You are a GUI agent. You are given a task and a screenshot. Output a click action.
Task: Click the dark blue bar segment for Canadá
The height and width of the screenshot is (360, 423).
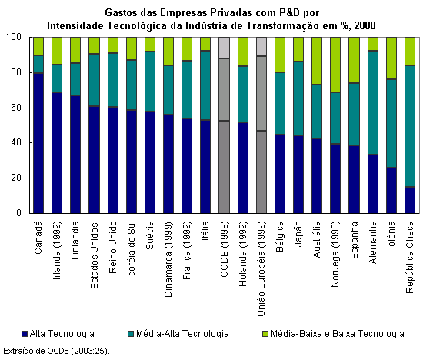coord(38,143)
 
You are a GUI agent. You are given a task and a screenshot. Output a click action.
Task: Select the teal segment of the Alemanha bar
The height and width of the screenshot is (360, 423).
coord(373,102)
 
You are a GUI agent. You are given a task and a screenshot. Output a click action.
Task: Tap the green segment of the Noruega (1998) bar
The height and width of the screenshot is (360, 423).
coord(335,65)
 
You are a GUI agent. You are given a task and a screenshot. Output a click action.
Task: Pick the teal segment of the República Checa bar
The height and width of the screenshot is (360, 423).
coord(410,126)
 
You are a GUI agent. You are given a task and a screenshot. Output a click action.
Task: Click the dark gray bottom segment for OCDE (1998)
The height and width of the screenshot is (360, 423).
coord(225,167)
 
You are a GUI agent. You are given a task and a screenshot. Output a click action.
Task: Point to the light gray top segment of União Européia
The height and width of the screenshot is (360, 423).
coord(261,47)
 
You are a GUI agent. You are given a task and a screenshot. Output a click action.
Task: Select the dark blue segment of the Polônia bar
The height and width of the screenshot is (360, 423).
coord(391,191)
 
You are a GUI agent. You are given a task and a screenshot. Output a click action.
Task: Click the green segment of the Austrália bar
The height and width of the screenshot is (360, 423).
coord(317,61)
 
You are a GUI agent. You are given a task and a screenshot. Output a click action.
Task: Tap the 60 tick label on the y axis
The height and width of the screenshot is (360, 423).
coord(16,108)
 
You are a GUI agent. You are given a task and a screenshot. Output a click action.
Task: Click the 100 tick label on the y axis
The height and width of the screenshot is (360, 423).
coord(14,37)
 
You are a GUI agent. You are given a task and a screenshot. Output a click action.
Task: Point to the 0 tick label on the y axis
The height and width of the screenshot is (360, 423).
coord(18,213)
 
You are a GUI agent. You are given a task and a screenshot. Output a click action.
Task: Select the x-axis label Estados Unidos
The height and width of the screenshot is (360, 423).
coord(94,255)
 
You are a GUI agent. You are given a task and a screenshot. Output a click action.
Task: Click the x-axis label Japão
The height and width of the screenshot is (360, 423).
coord(298,234)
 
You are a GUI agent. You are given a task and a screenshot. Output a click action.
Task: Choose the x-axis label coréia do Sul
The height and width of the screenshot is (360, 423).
coord(131,248)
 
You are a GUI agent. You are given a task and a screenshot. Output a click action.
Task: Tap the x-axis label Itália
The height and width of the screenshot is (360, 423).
coord(205,231)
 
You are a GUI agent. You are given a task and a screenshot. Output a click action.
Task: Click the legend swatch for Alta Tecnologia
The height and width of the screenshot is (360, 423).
coord(25,334)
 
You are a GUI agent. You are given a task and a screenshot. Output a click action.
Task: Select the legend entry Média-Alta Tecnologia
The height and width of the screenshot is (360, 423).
coord(178,334)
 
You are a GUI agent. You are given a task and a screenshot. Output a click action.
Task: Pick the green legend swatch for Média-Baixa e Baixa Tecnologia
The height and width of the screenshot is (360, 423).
coord(265,334)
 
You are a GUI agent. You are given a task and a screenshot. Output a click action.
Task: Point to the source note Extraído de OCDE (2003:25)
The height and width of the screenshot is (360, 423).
coord(56,351)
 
